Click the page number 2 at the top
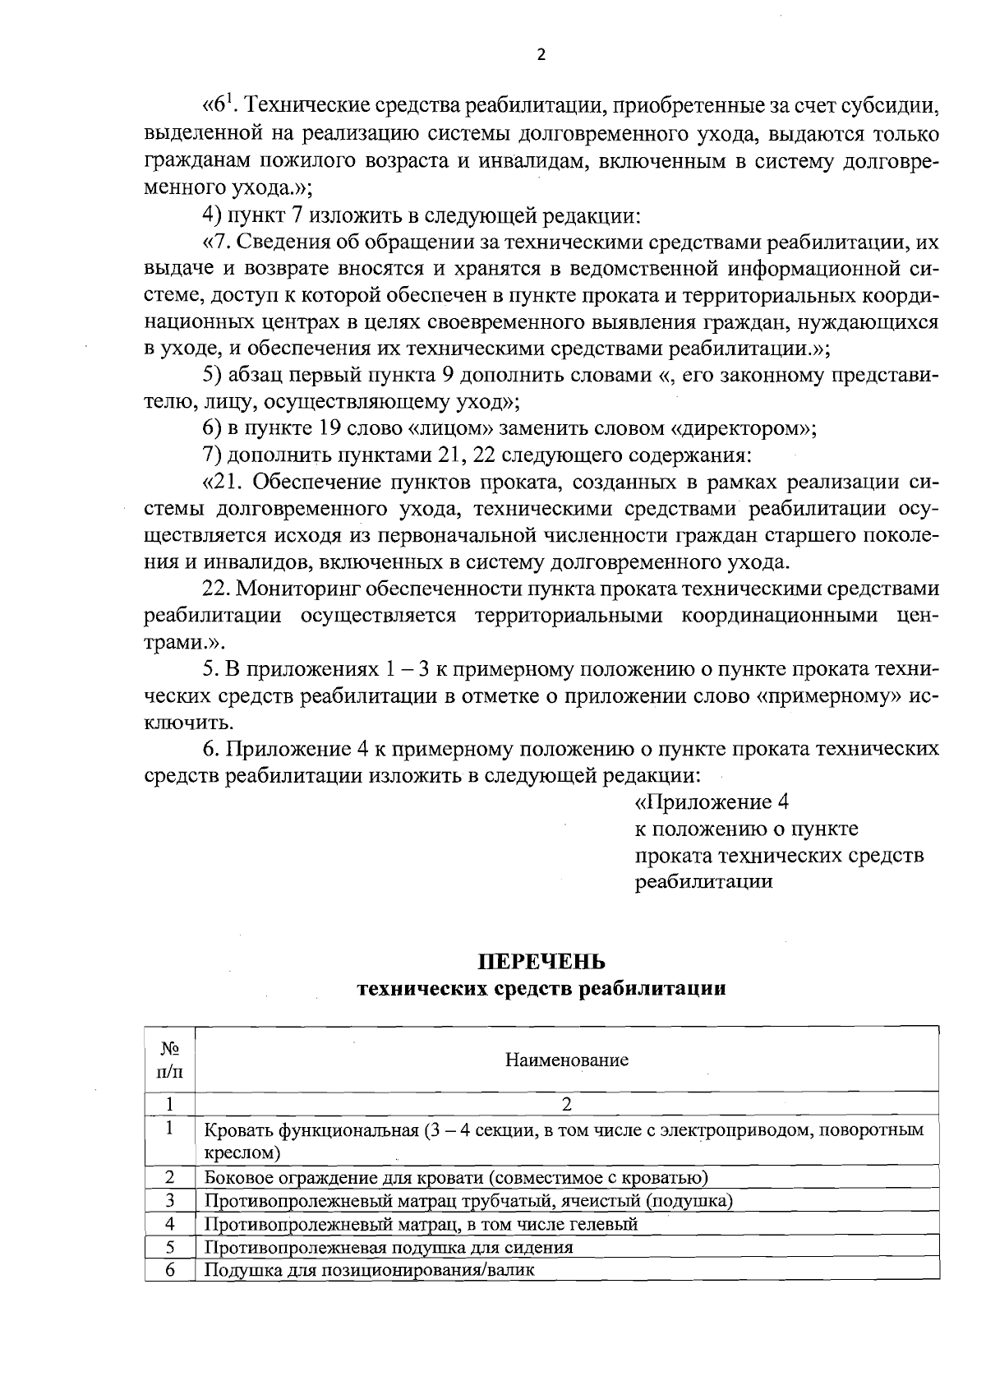pyautogui.click(x=541, y=55)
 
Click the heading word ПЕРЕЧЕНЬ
pyautogui.click(x=541, y=961)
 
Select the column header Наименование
pyautogui.click(x=566, y=1060)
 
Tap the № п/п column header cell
pyautogui.click(x=170, y=1060)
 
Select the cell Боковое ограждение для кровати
pyautogui.click(x=456, y=1178)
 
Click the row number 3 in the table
pyautogui.click(x=170, y=1200)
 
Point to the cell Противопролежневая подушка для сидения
pyautogui.click(x=389, y=1247)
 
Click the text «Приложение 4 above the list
pyautogui.click(x=712, y=802)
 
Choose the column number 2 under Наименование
pyautogui.click(x=566, y=1103)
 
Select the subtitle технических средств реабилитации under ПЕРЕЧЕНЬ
pyautogui.click(x=541, y=989)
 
